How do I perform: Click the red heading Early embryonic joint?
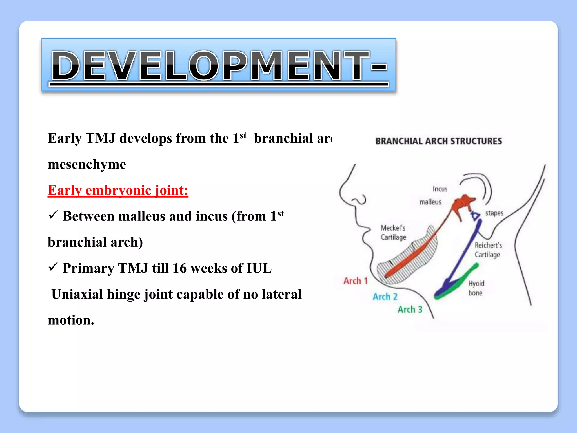click(118, 190)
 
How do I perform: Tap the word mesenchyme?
click(87, 164)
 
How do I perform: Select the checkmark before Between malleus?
click(53, 215)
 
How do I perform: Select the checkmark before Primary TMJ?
click(53, 267)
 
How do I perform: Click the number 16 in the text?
click(179, 268)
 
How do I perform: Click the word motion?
click(71, 320)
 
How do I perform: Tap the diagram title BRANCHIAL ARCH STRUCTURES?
click(439, 141)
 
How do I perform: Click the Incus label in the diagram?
click(440, 189)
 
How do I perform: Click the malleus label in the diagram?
click(430, 202)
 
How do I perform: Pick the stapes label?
click(494, 213)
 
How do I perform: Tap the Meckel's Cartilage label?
click(393, 233)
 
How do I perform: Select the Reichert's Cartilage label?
click(488, 250)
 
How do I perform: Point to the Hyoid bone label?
click(476, 288)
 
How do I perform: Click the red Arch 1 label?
click(356, 281)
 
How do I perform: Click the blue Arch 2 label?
click(385, 297)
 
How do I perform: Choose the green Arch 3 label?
click(410, 309)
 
